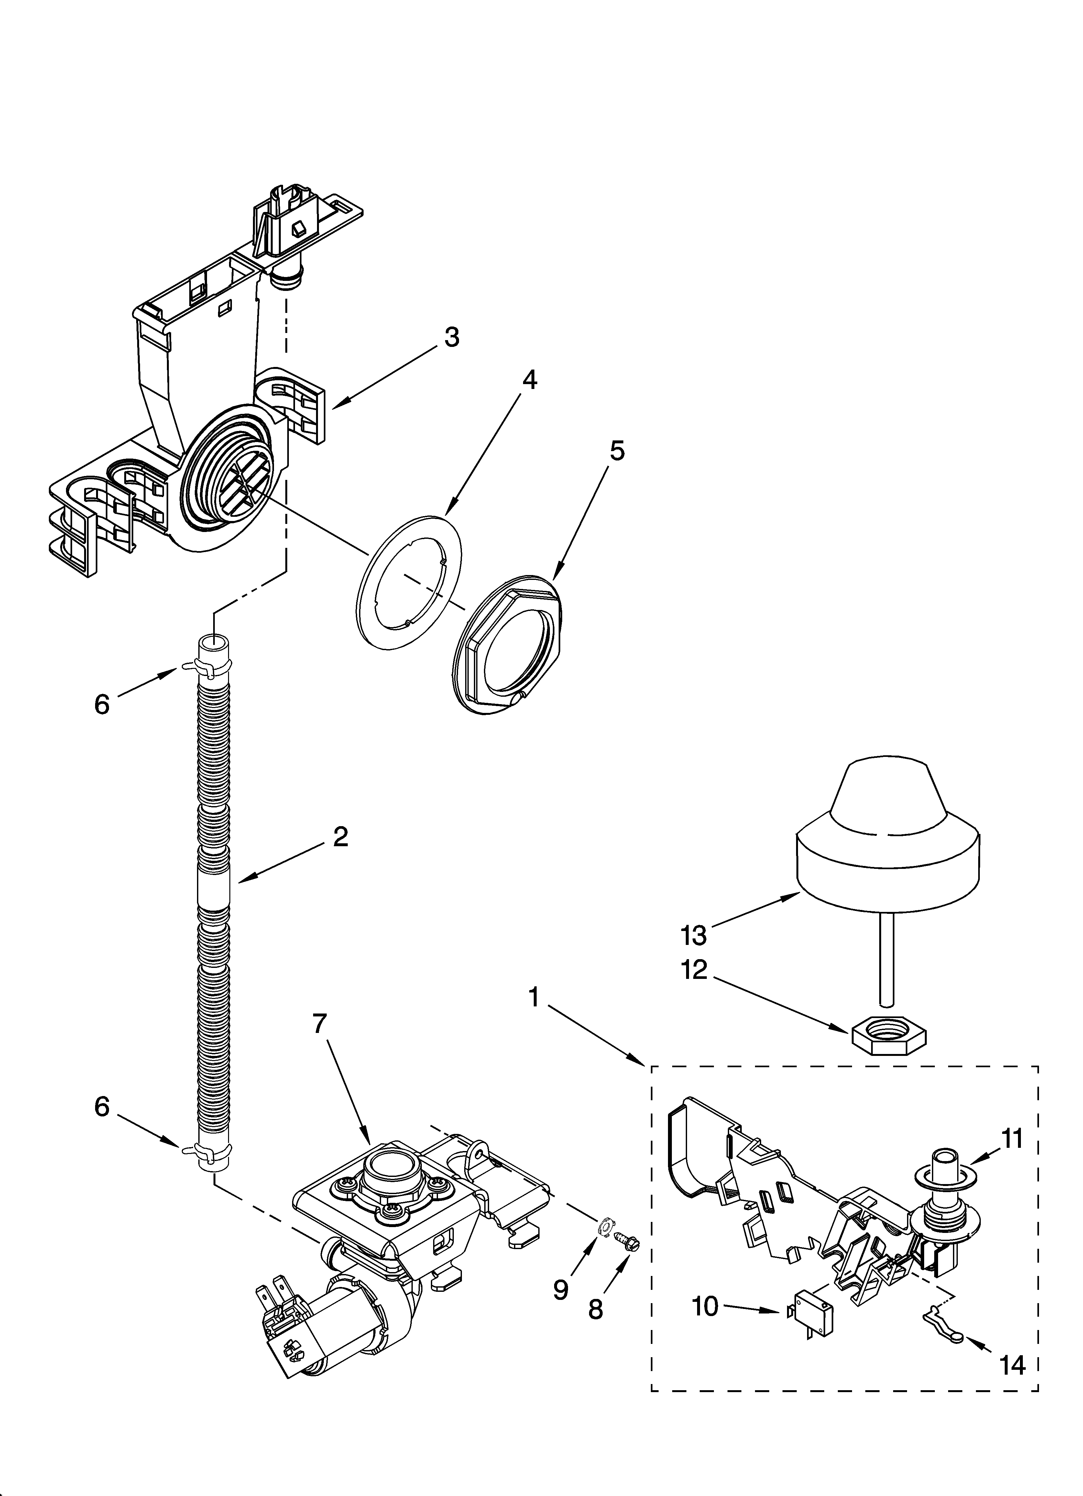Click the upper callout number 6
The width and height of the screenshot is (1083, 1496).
(102, 704)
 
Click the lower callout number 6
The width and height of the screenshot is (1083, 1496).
(102, 1107)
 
